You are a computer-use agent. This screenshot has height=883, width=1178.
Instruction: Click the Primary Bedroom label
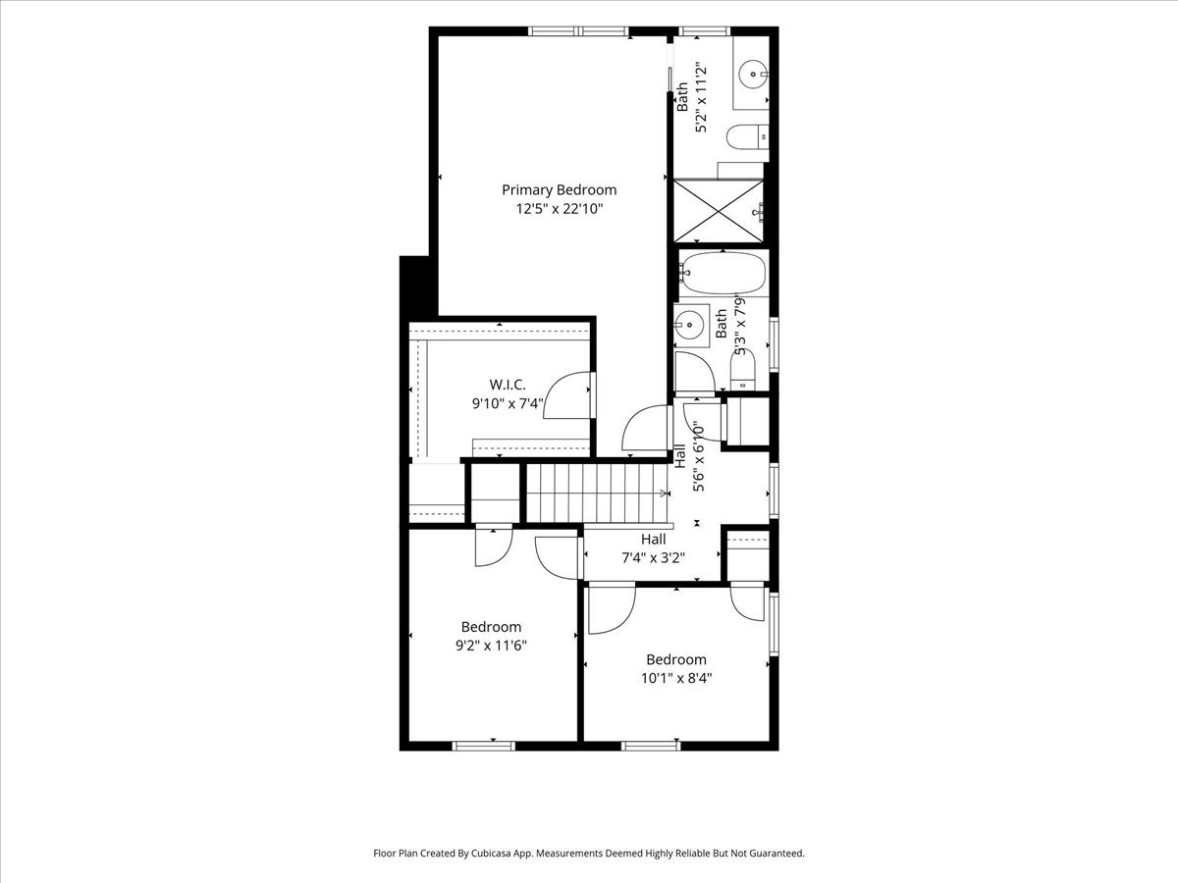pyautogui.click(x=559, y=190)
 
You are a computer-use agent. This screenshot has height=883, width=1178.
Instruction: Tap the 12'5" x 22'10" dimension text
pyautogui.click(x=560, y=209)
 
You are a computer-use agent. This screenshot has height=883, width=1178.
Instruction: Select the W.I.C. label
pyautogui.click(x=508, y=385)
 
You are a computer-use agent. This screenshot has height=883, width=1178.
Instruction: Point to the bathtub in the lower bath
pyautogui.click(x=723, y=273)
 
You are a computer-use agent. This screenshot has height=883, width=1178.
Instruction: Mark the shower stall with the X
pyautogui.click(x=718, y=211)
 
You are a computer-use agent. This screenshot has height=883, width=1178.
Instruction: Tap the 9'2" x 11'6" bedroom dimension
pyautogui.click(x=491, y=646)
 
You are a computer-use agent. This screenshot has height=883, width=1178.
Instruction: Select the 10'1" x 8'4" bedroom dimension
pyautogui.click(x=676, y=678)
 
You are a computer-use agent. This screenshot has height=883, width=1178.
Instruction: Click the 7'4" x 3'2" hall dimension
pyautogui.click(x=653, y=558)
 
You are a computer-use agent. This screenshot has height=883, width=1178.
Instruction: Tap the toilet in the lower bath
pyautogui.click(x=743, y=370)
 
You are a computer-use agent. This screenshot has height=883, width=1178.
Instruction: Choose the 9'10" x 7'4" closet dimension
pyautogui.click(x=508, y=403)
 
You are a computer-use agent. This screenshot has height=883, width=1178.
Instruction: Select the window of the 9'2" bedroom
pyautogui.click(x=484, y=746)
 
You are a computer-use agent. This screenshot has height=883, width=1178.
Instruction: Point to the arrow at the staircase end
pyautogui.click(x=666, y=493)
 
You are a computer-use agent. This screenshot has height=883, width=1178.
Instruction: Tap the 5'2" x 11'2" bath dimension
pyautogui.click(x=701, y=98)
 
